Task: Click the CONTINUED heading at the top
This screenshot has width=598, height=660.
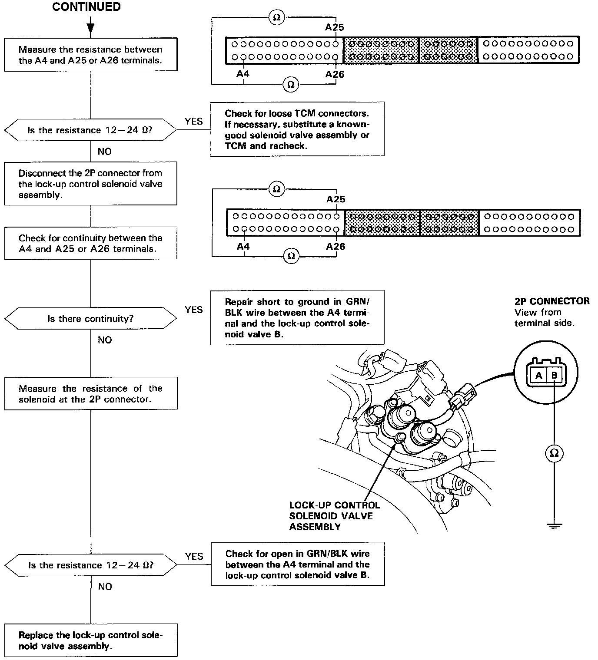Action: tap(86, 7)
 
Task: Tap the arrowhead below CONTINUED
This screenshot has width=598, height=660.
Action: tap(90, 29)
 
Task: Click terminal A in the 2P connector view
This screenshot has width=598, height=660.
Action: tap(539, 376)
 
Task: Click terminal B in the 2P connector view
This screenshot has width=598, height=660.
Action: tap(555, 376)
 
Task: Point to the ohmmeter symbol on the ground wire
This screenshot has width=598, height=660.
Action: tap(554, 453)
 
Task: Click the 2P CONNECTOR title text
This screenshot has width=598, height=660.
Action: tap(552, 301)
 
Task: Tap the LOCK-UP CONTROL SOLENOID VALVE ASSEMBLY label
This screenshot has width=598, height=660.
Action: tap(334, 516)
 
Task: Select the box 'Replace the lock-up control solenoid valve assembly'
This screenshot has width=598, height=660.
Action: tap(91, 640)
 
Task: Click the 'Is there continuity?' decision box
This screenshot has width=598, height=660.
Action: tap(90, 319)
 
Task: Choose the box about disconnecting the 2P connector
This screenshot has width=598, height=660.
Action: tap(90, 184)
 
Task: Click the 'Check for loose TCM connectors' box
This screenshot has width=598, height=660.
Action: tap(297, 129)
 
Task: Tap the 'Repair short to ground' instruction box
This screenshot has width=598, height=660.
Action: tap(297, 318)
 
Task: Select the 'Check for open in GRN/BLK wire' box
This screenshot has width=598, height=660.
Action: tap(298, 564)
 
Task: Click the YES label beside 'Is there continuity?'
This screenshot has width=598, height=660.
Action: tap(193, 310)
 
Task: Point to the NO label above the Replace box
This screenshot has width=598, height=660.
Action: tap(105, 587)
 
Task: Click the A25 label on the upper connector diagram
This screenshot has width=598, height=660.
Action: tap(335, 27)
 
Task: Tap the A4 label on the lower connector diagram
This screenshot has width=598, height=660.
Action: tap(243, 247)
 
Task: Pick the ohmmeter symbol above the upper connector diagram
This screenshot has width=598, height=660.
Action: tap(276, 17)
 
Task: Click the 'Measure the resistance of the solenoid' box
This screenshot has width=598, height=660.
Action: tap(90, 394)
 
